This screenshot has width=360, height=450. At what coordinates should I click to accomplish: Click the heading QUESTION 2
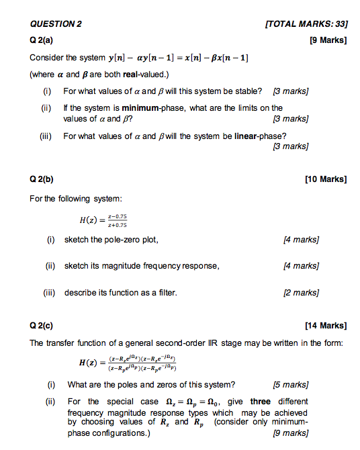[x=56, y=24]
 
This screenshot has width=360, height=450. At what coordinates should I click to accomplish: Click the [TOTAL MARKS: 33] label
[x=306, y=24]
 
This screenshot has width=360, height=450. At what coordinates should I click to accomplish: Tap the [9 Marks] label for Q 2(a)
[x=328, y=40]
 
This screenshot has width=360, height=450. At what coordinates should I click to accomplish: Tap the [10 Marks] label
[x=326, y=180]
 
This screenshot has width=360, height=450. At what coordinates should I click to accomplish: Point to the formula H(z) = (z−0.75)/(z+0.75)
[x=103, y=221]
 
